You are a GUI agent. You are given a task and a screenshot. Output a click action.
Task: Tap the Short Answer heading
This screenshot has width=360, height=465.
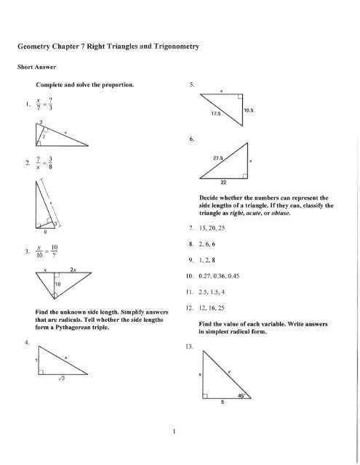[27, 70]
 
